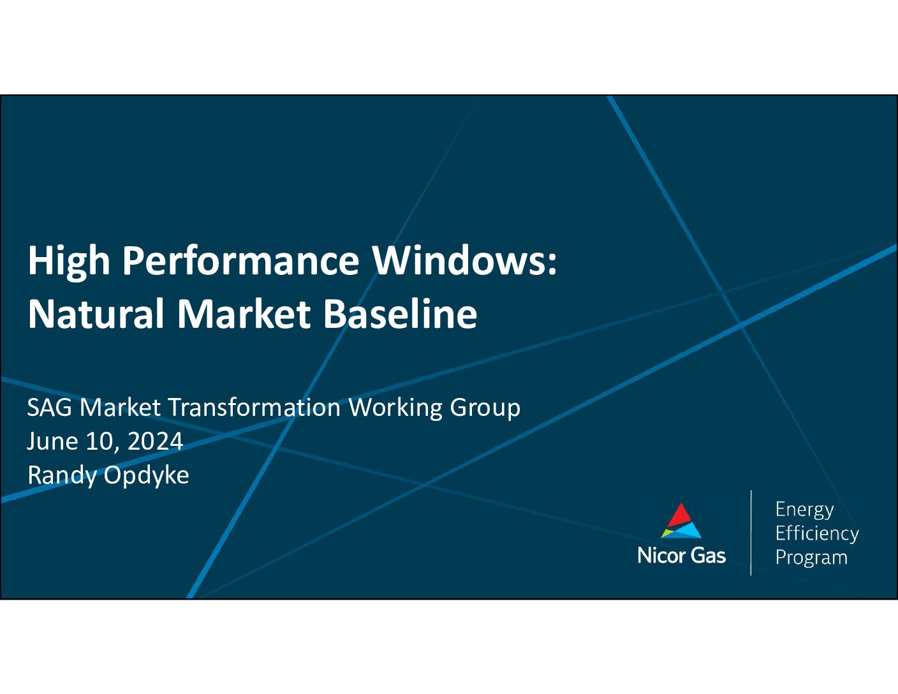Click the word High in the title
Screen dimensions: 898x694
tap(69, 262)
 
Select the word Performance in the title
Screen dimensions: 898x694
tap(241, 262)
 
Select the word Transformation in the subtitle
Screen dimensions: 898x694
tap(254, 408)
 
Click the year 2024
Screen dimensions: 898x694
tap(156, 441)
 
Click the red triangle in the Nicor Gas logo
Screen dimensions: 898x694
tap(681, 517)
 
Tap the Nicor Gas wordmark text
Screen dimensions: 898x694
tap(681, 556)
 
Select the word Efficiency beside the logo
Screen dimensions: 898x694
tap(817, 533)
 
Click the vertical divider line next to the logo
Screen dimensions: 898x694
tap(751, 533)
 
